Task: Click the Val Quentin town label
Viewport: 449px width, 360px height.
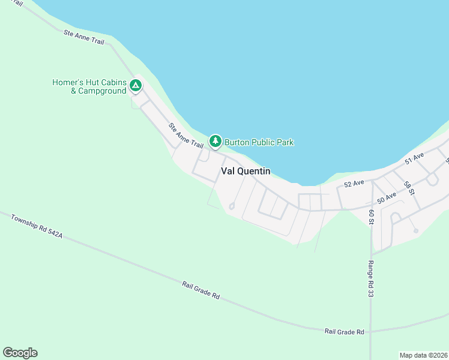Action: pyautogui.click(x=246, y=171)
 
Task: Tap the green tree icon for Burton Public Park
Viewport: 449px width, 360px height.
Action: pyautogui.click(x=215, y=142)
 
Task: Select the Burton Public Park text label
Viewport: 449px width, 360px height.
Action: pyautogui.click(x=259, y=142)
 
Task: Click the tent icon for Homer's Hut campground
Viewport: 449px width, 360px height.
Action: pyautogui.click(x=136, y=86)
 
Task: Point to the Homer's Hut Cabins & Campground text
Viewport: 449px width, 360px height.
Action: pyautogui.click(x=89, y=86)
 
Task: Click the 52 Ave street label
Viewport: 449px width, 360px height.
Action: pyautogui.click(x=355, y=182)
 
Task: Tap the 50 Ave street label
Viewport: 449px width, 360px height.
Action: pyautogui.click(x=387, y=196)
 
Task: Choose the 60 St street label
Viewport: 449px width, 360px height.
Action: pyautogui.click(x=372, y=217)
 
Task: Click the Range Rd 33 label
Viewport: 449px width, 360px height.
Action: pyautogui.click(x=370, y=278)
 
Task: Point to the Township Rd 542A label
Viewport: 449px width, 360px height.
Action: pyautogui.click(x=36, y=226)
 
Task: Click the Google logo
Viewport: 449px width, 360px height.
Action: pyautogui.click(x=20, y=353)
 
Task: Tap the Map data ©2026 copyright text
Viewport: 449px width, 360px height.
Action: pyautogui.click(x=423, y=355)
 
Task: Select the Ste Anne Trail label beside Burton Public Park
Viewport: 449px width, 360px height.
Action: pyautogui.click(x=187, y=136)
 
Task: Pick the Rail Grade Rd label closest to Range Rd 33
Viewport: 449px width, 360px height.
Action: pyautogui.click(x=344, y=331)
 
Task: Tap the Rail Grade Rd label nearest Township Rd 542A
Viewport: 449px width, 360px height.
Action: pyautogui.click(x=200, y=289)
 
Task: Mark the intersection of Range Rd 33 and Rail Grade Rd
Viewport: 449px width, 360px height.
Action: pyautogui.click(x=370, y=331)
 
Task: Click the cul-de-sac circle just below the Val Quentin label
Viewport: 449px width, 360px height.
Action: pyautogui.click(x=232, y=207)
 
